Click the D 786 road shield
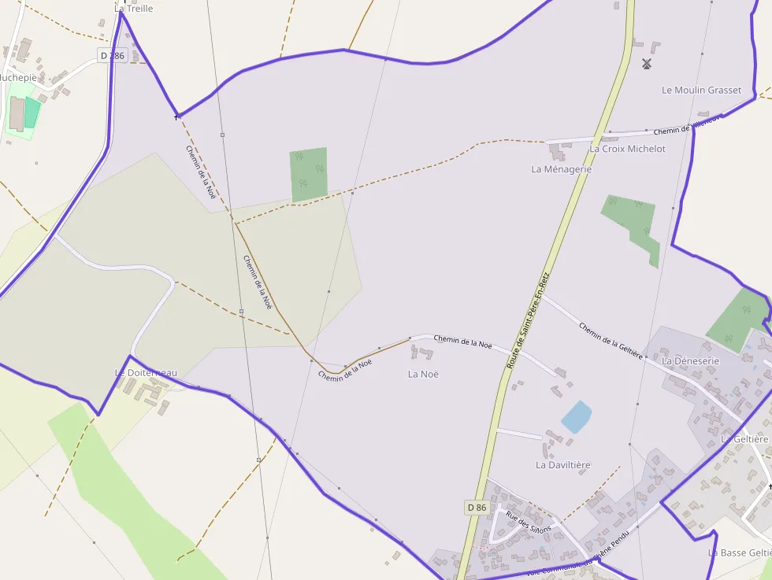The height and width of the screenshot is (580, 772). pos(113,56)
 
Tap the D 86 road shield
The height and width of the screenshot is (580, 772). pos(477,508)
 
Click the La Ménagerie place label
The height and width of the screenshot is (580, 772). pos(561,169)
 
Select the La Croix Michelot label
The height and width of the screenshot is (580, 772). pos(627,149)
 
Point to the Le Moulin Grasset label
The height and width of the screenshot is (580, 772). pos(701,91)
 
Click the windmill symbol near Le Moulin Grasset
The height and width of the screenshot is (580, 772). pos(647,63)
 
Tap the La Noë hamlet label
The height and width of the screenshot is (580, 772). pos(423,374)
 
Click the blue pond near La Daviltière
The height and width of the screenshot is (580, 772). pos(576,416)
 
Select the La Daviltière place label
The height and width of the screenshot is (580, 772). pos(562,465)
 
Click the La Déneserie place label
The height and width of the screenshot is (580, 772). pos(691,361)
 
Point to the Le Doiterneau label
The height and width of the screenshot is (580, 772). pos(146,372)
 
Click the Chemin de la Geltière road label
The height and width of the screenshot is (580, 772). pos(611,339)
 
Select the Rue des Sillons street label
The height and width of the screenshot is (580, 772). pos(529,523)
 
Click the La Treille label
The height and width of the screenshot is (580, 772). pos(133,9)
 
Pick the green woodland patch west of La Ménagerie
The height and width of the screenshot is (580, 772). pos(308,174)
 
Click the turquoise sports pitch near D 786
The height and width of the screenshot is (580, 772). pos(32,113)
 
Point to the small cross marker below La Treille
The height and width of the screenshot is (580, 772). pos(176,117)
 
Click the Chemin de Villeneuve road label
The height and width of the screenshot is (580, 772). pos(687,126)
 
